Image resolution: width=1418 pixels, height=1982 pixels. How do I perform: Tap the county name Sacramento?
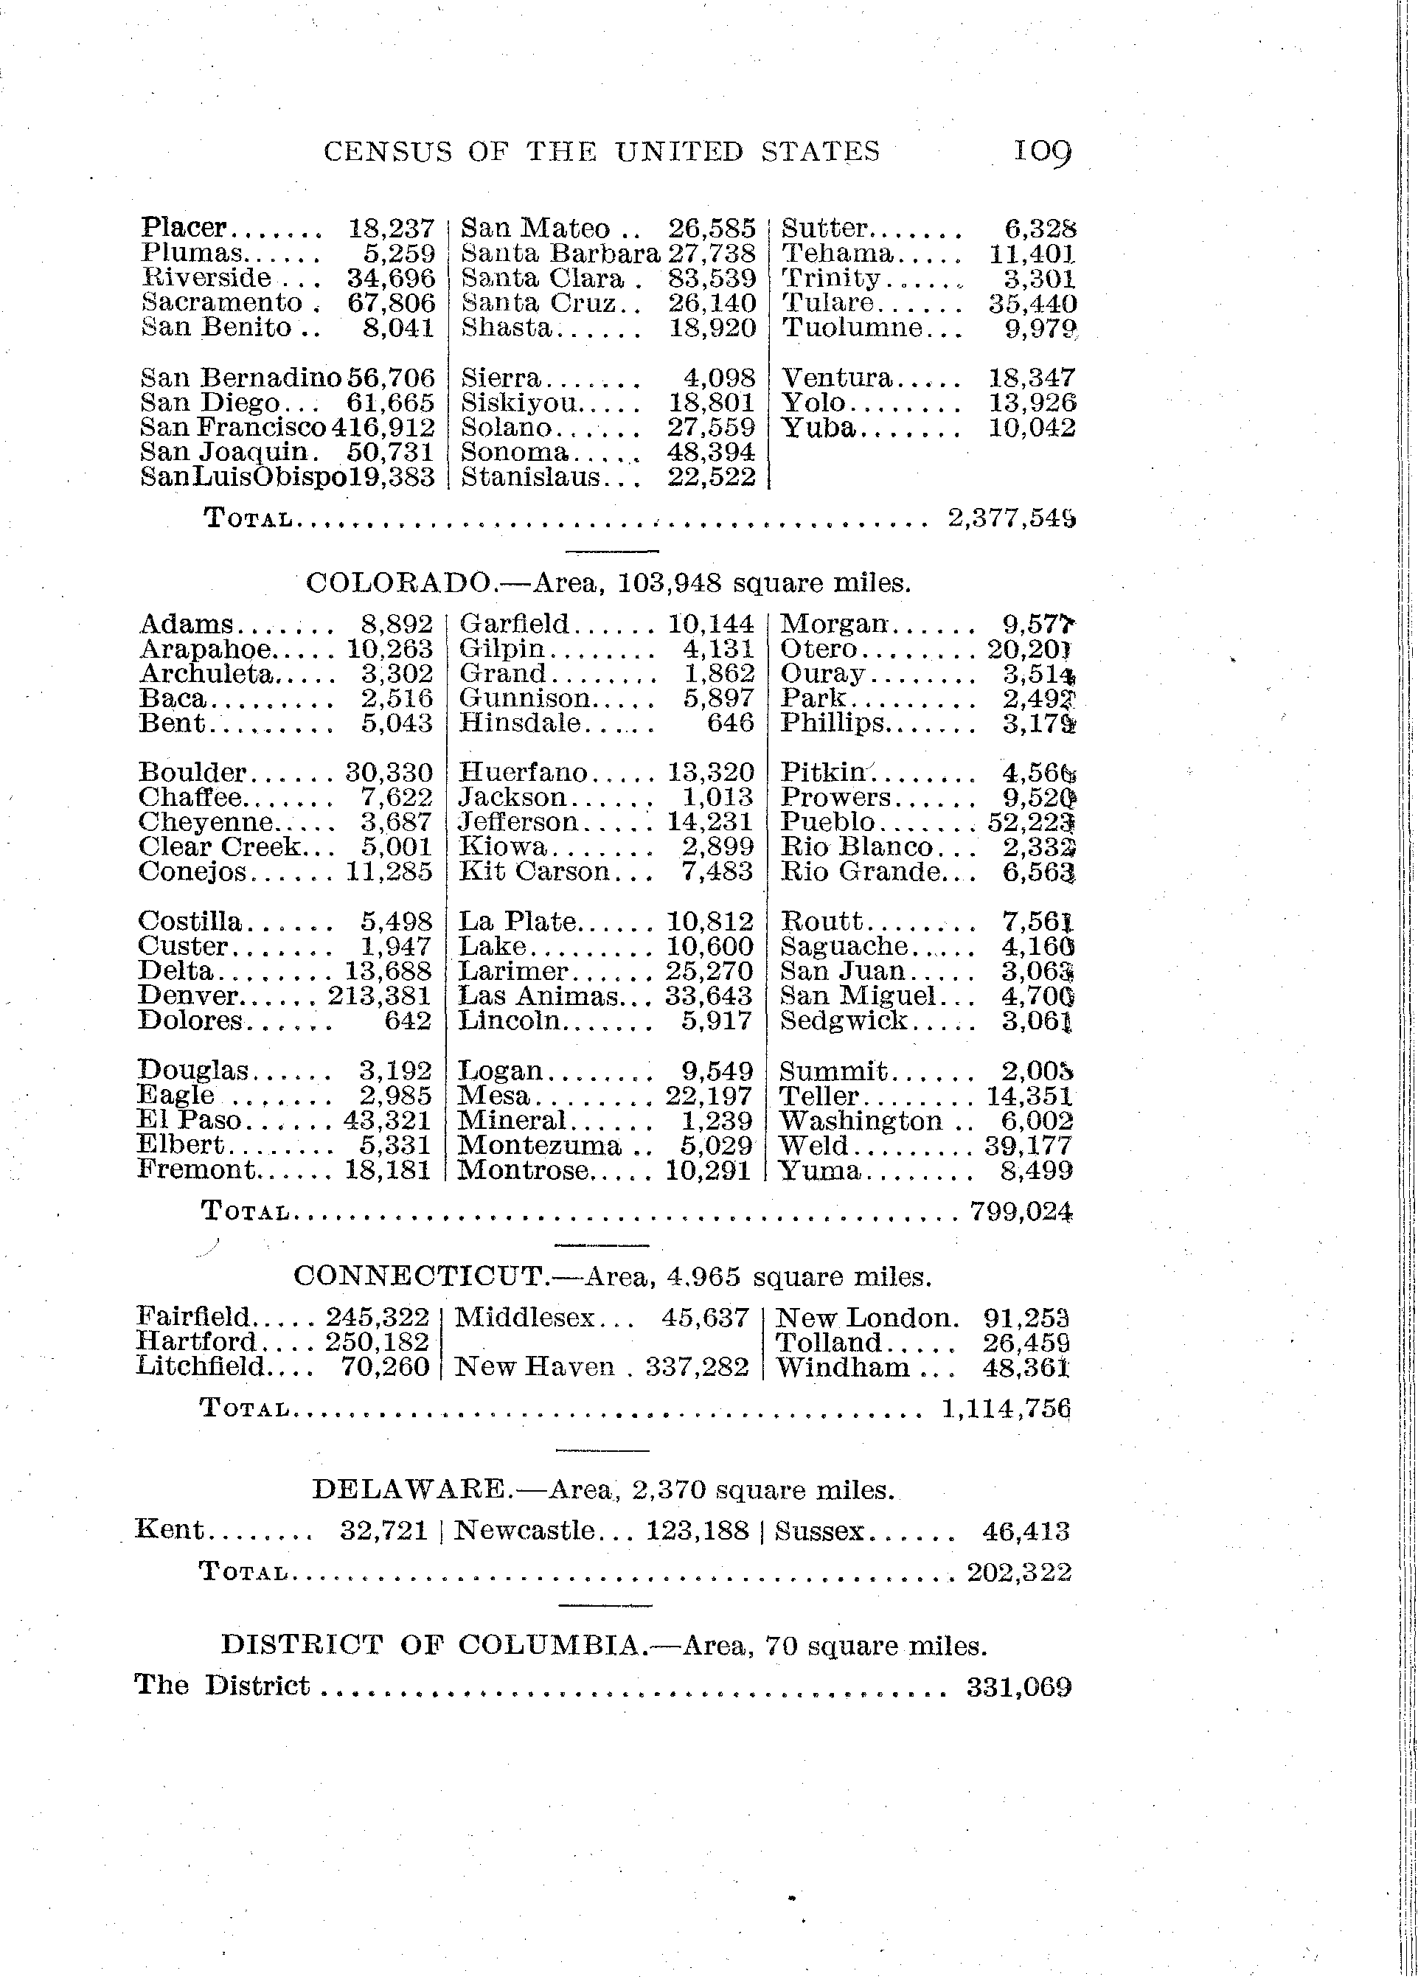tap(222, 303)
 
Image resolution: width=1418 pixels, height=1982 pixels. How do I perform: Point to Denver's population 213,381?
tap(380, 996)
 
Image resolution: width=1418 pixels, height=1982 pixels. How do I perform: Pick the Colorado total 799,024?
tap(1021, 1212)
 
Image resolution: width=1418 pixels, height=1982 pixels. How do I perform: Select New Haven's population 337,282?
tap(697, 1367)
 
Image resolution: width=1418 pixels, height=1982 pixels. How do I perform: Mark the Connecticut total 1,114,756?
tap(1006, 1408)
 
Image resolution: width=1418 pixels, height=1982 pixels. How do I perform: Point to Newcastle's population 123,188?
tap(697, 1531)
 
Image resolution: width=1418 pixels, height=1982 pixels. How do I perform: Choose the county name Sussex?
tap(819, 1531)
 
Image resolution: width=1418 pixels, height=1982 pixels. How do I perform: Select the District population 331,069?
tap(1018, 1687)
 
